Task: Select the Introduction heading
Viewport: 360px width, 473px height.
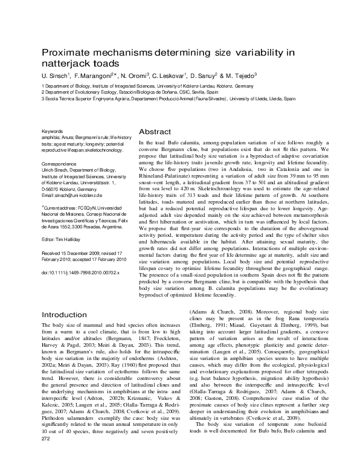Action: pyautogui.click(x=68, y=315)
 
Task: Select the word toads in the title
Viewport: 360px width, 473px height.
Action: pyautogui.click(x=99, y=63)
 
